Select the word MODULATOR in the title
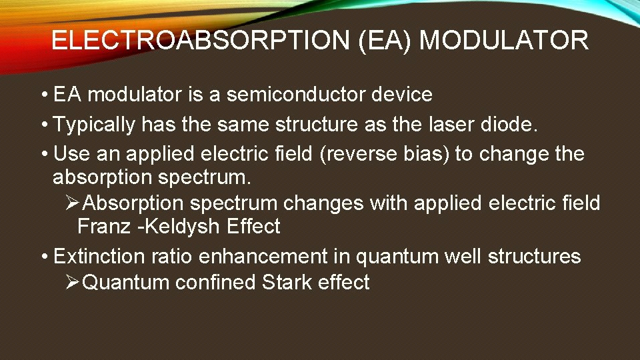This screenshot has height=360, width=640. (504, 41)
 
